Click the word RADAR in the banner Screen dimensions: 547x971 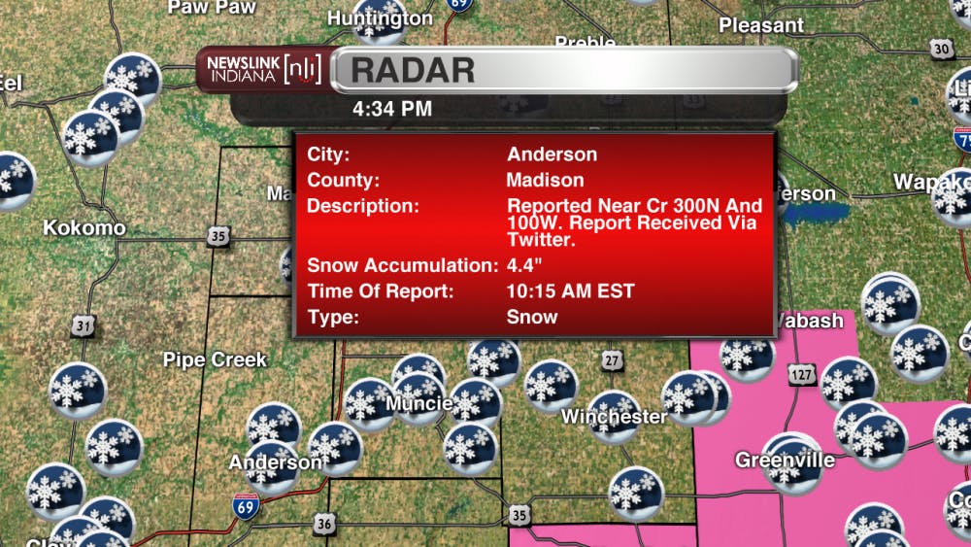point(413,70)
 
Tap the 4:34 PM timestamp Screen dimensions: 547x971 point(392,109)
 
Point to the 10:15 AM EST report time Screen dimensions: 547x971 point(570,291)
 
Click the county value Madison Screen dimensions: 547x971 point(545,180)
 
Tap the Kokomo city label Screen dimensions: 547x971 point(84,228)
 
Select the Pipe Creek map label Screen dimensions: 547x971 point(215,360)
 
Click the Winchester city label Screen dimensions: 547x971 point(615,417)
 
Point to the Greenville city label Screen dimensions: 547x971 point(785,460)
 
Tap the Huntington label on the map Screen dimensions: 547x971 point(380,18)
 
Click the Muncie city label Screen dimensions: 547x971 point(419,403)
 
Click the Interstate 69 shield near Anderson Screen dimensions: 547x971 point(246,506)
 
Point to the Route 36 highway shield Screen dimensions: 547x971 point(324,525)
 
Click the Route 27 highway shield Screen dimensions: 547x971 point(610,361)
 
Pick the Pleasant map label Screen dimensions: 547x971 point(761,25)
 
